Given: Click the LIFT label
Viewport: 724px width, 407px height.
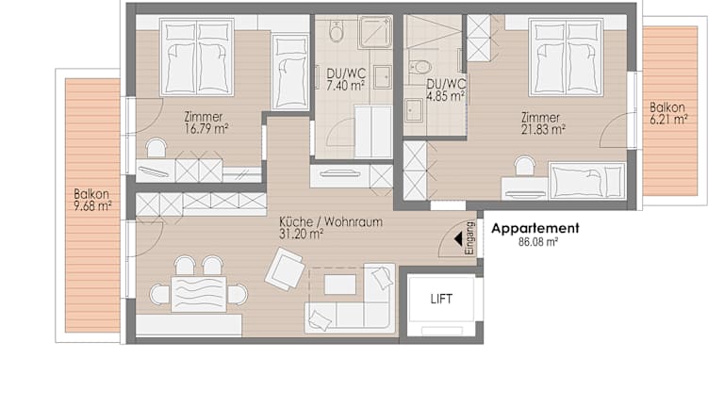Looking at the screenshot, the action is [x=441, y=299].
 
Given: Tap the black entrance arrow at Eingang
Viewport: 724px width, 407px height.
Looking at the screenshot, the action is [x=458, y=239].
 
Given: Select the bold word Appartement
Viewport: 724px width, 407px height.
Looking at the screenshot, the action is [x=535, y=228].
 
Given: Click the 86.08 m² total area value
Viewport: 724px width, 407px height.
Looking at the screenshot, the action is [x=538, y=242].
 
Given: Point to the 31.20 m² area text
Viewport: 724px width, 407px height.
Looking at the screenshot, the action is [x=301, y=234].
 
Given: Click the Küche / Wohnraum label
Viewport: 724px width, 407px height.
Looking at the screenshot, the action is [x=331, y=222].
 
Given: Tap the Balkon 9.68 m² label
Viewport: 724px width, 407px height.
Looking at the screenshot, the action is [x=92, y=200].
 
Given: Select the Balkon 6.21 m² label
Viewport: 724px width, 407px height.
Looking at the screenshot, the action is [x=668, y=113].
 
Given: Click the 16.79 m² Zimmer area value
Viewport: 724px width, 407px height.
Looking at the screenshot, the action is [x=206, y=129].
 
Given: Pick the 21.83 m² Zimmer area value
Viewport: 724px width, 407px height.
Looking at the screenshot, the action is [x=543, y=130].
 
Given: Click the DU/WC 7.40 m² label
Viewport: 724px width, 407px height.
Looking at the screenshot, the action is [x=346, y=79].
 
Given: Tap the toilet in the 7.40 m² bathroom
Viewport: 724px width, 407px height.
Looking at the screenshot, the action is [x=337, y=31].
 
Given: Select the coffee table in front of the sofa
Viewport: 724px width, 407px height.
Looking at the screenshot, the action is [x=339, y=285].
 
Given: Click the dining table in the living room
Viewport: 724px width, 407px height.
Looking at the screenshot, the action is [x=199, y=294].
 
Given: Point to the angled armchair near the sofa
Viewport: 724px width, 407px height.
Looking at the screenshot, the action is [x=285, y=269].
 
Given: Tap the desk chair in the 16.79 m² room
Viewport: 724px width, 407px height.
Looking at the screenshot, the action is [x=156, y=148].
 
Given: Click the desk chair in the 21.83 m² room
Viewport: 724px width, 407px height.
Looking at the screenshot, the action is [x=524, y=166].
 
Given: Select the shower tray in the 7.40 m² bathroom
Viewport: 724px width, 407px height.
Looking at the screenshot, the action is [x=375, y=31].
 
